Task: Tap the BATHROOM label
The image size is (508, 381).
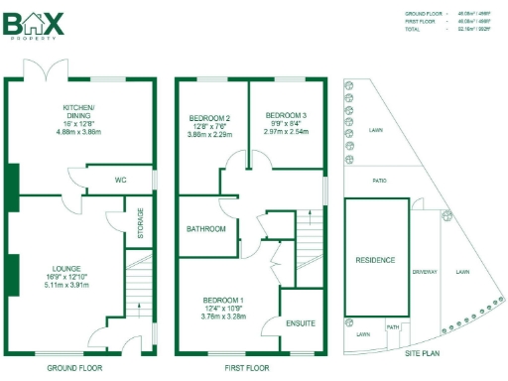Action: (x=205, y=229)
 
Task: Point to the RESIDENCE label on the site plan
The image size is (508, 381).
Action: (x=375, y=260)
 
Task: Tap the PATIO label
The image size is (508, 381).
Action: (x=378, y=182)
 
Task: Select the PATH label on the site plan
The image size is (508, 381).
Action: (x=393, y=326)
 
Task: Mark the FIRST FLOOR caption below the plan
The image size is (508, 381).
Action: (x=244, y=367)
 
